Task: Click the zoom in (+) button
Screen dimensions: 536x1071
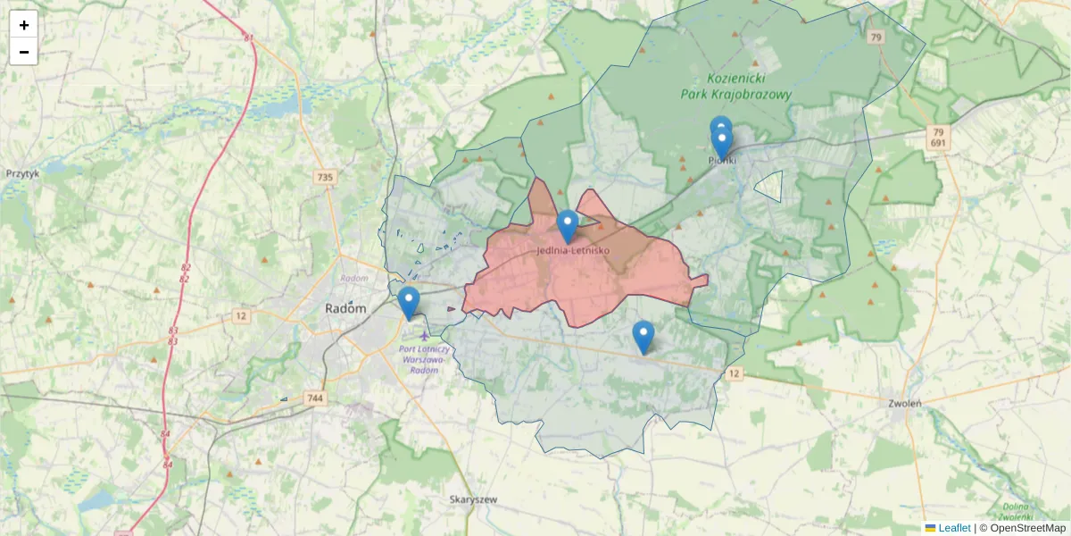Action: (24, 25)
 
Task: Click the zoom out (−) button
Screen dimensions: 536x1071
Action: (24, 52)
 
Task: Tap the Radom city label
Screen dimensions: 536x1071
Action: (345, 307)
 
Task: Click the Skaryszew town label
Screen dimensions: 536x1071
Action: (473, 500)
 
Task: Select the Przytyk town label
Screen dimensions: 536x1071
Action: (22, 174)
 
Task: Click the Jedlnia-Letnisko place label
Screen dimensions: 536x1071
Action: (573, 250)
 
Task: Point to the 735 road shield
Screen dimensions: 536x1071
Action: (325, 178)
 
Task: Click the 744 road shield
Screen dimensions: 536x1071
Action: (314, 398)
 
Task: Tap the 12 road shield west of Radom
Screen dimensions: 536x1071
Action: (241, 315)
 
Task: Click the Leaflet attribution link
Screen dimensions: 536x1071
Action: (954, 528)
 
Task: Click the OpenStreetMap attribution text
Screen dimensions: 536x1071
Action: (1027, 528)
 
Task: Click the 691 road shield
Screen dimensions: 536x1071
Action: (937, 143)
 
